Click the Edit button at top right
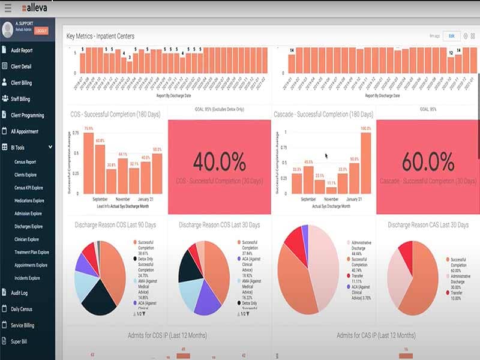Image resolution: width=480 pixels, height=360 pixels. pos(451,36)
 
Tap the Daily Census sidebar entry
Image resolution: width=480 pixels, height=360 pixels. pos(24,309)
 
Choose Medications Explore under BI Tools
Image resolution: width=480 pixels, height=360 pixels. pos(29,200)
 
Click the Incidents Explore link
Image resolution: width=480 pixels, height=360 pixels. pos(27,278)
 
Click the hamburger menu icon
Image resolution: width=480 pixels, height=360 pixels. pos(8,8)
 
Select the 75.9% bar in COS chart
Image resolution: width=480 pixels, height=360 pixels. pos(89,162)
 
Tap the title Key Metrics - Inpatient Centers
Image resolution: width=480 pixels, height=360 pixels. pos(100,36)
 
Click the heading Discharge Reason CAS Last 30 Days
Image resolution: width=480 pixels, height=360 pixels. pos(428,225)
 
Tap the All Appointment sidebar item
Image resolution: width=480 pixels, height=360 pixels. pos(25,131)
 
